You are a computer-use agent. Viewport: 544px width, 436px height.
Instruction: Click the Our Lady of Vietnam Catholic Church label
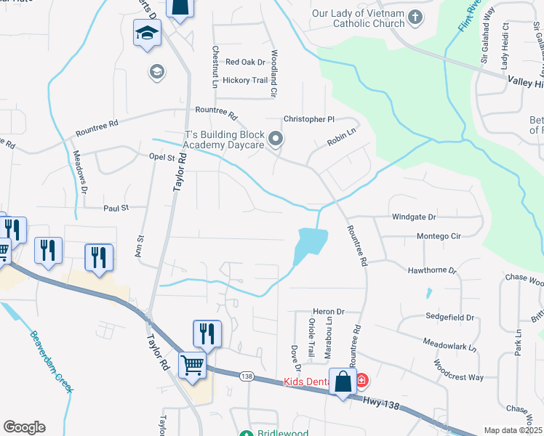tap(358, 19)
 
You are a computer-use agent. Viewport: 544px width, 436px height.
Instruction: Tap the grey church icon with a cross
tap(415, 17)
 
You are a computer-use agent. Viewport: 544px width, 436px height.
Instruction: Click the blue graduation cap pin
tap(147, 33)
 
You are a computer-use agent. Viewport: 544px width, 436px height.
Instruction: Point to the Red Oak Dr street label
tap(245, 62)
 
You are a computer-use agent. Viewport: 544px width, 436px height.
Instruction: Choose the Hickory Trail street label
tap(245, 81)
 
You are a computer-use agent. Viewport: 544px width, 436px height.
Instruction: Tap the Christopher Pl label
tap(308, 119)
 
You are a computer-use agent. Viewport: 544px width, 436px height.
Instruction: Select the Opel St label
tap(162, 157)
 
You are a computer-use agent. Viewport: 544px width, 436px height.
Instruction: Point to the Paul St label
tap(116, 208)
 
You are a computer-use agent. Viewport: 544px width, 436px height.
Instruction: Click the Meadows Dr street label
tap(79, 171)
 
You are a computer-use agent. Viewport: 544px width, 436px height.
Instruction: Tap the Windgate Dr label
tap(414, 217)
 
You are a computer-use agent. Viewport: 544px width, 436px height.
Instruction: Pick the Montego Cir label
tap(439, 236)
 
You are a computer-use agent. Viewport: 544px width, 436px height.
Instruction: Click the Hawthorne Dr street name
tap(432, 270)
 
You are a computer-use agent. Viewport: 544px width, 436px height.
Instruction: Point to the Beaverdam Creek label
tap(52, 361)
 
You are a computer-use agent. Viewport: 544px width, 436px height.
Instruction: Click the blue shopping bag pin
tap(342, 381)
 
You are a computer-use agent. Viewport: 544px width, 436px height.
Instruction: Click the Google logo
tap(24, 427)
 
